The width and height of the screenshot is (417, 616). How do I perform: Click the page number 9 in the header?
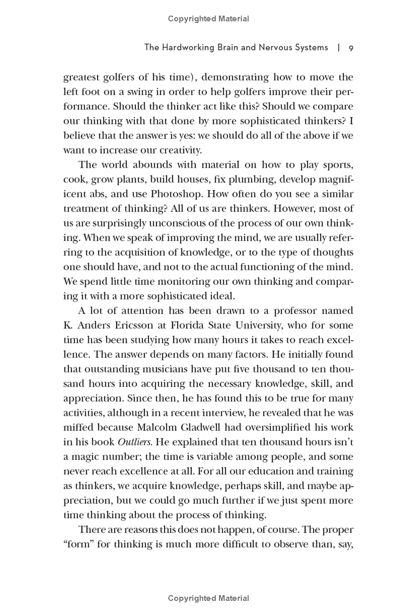[351, 48]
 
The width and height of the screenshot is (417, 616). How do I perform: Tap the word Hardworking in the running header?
[185, 48]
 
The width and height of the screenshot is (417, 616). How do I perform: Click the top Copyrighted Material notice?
[208, 19]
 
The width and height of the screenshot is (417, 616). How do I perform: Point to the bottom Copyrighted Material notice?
[208, 599]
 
